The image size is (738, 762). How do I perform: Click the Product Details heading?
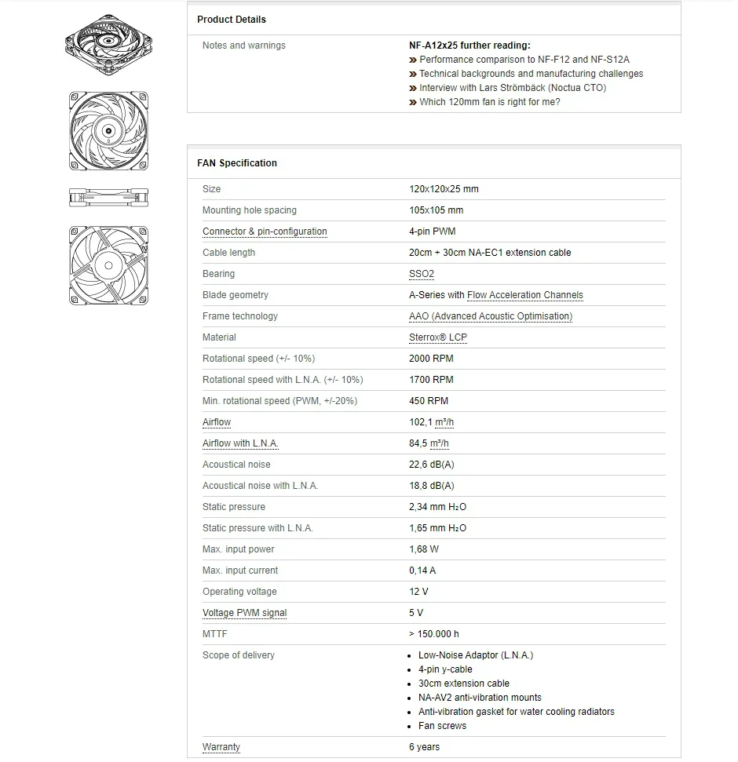pyautogui.click(x=232, y=20)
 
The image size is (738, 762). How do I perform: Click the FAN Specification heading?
pyautogui.click(x=237, y=163)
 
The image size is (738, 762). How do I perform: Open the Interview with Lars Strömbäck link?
pyautogui.click(x=512, y=88)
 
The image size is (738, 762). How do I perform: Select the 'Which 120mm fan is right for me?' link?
pyautogui.click(x=489, y=102)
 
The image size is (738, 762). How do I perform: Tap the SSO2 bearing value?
pyautogui.click(x=422, y=274)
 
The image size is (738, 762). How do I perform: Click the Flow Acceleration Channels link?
pyautogui.click(x=525, y=295)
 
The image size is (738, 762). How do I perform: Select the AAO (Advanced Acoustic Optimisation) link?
pyautogui.click(x=491, y=316)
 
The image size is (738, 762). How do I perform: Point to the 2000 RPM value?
pyautogui.click(x=431, y=359)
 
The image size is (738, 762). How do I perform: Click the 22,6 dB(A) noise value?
pyautogui.click(x=431, y=465)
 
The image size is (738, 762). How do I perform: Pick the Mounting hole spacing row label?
pyautogui.click(x=250, y=210)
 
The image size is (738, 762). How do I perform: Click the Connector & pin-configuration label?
pyautogui.click(x=265, y=232)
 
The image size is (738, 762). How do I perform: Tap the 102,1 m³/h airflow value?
pyautogui.click(x=431, y=422)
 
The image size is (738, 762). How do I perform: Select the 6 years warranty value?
pyautogui.click(x=424, y=747)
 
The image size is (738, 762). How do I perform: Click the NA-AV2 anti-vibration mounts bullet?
pyautogui.click(x=480, y=698)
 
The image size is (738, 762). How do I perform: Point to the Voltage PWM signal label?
pyautogui.click(x=244, y=613)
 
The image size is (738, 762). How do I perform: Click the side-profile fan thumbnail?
pyautogui.click(x=108, y=197)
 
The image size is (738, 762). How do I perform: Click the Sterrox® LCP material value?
pyautogui.click(x=438, y=337)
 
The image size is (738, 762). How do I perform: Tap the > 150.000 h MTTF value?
pyautogui.click(x=434, y=634)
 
